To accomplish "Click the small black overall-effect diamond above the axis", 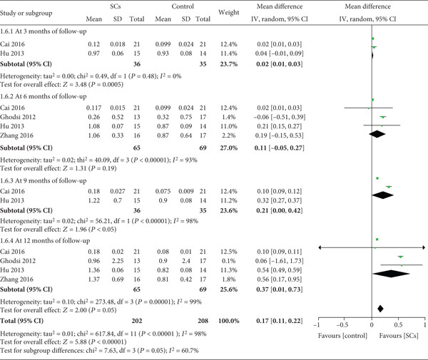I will [x=380, y=308].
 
